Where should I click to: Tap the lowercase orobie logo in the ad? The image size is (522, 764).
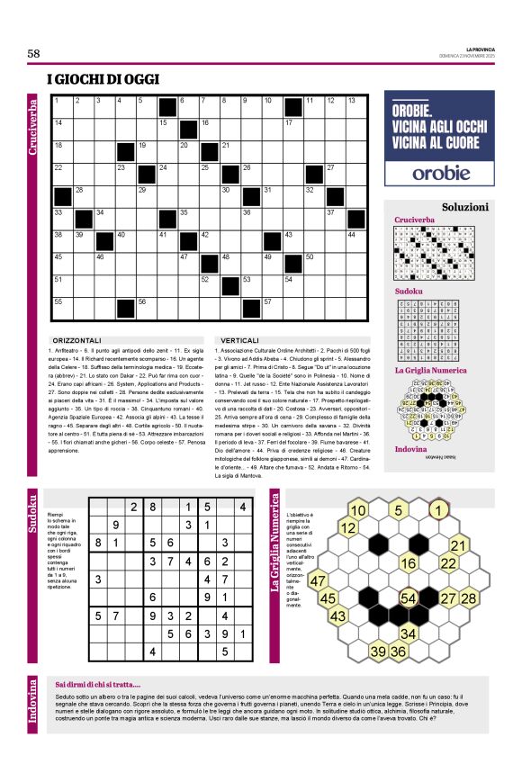pyautogui.click(x=441, y=172)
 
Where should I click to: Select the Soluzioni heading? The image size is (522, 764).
pyautogui.click(x=464, y=206)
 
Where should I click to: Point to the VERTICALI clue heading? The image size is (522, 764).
pyautogui.click(x=240, y=341)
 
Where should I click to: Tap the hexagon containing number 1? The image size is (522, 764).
pyautogui.click(x=438, y=511)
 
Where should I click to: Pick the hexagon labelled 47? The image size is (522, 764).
pyautogui.click(x=318, y=581)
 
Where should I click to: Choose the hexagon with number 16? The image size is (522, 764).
pyautogui.click(x=409, y=563)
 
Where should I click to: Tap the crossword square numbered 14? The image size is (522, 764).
pyautogui.click(x=63, y=125)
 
